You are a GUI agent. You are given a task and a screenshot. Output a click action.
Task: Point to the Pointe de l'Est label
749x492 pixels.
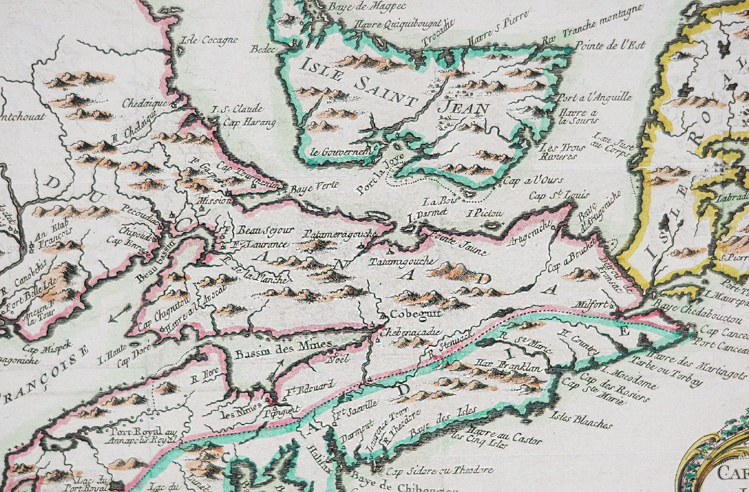point(610,46)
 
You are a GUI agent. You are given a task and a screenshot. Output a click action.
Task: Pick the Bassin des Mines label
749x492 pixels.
point(274,352)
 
